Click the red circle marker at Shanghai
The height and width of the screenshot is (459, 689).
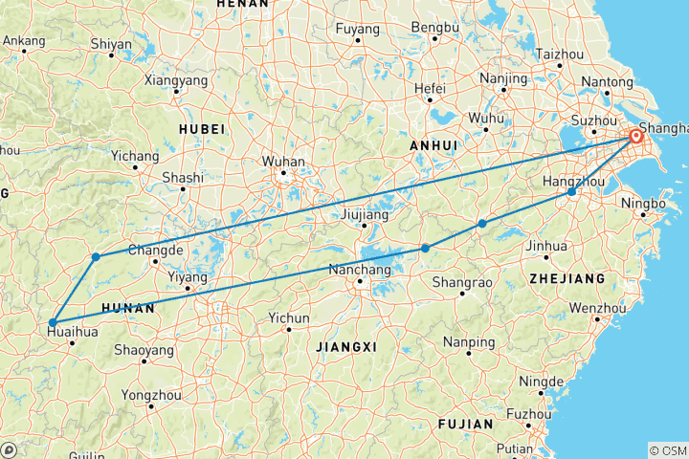[x=636, y=137]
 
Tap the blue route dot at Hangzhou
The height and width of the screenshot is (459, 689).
[x=571, y=192]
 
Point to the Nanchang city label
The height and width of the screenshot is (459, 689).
[x=361, y=269]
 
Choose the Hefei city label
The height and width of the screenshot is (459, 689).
[x=430, y=88]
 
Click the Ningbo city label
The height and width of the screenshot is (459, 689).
[x=644, y=204]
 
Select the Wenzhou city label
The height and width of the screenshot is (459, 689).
[x=593, y=308]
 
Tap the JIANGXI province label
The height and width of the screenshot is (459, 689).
[x=345, y=344]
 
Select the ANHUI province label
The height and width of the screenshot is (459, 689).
[x=430, y=144]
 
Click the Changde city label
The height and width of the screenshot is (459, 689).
[x=155, y=250]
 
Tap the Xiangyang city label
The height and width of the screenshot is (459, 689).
[x=175, y=80]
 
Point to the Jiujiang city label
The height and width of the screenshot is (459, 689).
[x=364, y=215]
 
